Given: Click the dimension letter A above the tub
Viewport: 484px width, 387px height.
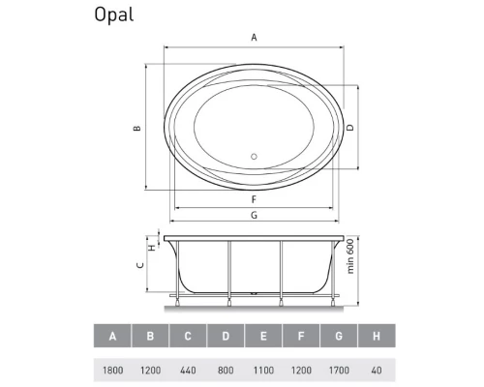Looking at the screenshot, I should pos(254,38).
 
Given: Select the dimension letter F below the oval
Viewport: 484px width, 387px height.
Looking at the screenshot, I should pos(254,200).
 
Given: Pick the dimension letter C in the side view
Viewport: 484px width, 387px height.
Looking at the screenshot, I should pos(139,264).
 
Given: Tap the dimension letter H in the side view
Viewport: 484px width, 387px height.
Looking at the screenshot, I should pos(151,247).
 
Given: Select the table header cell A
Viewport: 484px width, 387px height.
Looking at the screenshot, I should pos(113,337).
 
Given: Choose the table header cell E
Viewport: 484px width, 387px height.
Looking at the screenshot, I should pos(262,337).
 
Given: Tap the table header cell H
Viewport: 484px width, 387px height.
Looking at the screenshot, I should pos(375,337).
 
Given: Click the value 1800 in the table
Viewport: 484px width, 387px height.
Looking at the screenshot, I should pos(113,369).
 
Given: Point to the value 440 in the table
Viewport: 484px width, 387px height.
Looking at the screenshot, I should pos(188,369).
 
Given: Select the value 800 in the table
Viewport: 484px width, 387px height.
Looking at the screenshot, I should pos(225,369).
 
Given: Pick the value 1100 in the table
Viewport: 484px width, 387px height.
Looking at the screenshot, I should pos(262,369).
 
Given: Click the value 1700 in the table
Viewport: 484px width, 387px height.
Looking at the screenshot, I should pos(337,369).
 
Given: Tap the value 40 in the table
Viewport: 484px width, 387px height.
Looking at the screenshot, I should pos(375,369).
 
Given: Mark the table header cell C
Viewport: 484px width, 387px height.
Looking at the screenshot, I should pos(188,337).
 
